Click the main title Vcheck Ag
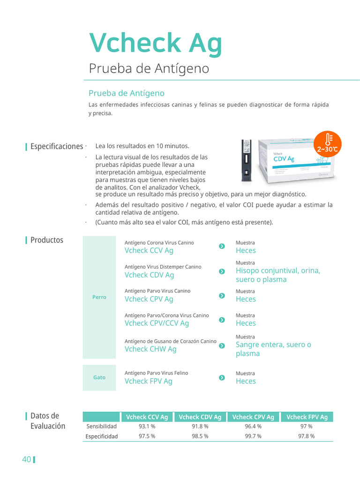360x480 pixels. coord(156,43)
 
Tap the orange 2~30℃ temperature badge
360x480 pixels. coord(327,143)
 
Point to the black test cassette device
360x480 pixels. coord(246,161)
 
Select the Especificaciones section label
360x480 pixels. coord(56,146)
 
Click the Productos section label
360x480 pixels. coord(46,240)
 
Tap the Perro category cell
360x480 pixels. coord(99,297)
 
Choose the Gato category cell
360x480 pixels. coord(99,377)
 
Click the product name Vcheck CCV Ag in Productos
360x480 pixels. coord(149,251)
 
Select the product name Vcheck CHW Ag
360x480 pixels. coord(150,349)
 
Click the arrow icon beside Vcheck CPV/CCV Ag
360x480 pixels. coord(222,320)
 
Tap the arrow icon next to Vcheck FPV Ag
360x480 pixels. coord(222,378)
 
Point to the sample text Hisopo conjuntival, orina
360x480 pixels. coord(278,271)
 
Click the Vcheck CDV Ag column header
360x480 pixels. coord(200,417)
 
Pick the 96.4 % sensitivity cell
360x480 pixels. coord(253,427)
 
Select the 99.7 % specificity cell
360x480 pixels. coord(253,436)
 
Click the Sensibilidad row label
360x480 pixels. coord(102,427)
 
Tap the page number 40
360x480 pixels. coord(26,459)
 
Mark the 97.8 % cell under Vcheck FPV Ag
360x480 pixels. coord(307,436)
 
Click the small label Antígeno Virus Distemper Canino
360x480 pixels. coord(163,267)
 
